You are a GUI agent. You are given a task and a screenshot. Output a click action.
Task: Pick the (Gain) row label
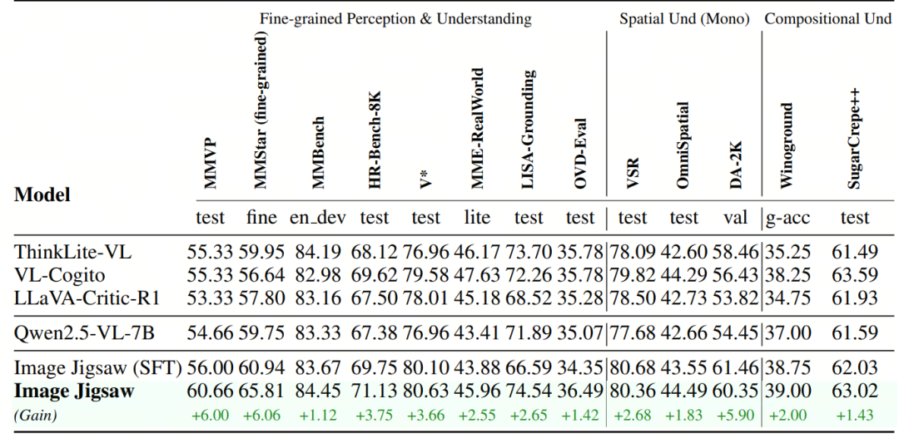pos(35,414)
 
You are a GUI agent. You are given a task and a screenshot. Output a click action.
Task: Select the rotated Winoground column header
pos(787,146)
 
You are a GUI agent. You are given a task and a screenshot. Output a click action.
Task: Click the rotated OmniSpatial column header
pos(683,145)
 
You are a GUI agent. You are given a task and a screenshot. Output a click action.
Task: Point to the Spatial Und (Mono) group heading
pos(683,18)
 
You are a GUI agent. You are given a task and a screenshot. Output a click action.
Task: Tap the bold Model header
pos(42,195)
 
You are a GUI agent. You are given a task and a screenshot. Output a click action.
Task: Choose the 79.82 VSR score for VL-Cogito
pos(632,273)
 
